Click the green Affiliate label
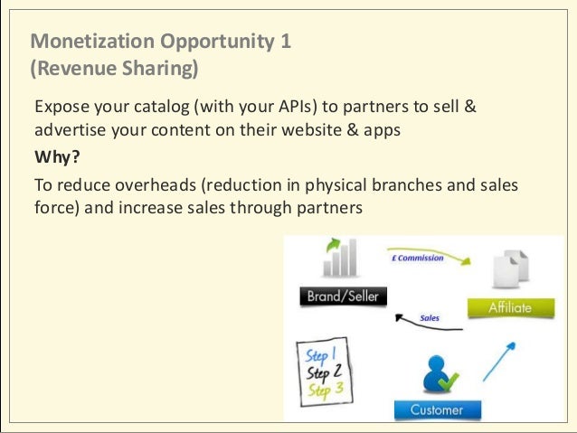[x=511, y=307]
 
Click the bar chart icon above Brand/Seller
[x=340, y=258]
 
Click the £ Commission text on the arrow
[x=417, y=259]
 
